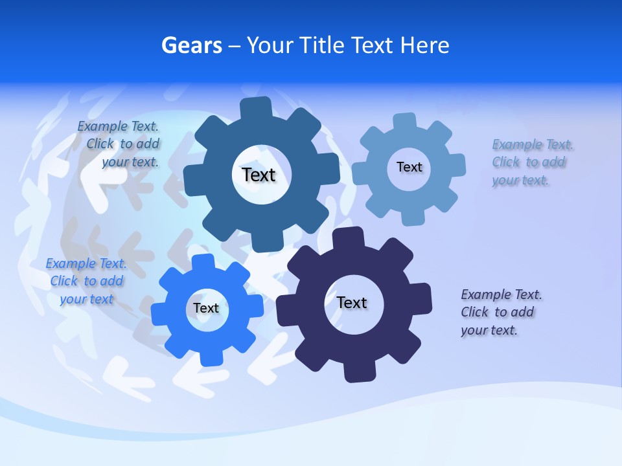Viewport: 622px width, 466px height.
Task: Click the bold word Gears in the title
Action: coord(192,45)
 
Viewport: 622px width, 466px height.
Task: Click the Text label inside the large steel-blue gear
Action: coord(259,175)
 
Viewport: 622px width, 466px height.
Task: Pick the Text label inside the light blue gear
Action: coord(409,167)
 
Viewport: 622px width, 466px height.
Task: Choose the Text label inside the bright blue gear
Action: coord(205,308)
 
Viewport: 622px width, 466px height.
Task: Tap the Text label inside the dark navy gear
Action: coord(352,302)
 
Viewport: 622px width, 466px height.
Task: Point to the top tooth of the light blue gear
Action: coord(405,121)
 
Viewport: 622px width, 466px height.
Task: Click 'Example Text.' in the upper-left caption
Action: coord(118,126)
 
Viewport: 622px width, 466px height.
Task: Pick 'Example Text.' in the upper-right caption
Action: coord(533,144)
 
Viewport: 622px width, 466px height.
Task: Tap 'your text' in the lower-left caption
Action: coord(86,299)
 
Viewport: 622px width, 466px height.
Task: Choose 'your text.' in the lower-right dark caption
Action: coord(489,330)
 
